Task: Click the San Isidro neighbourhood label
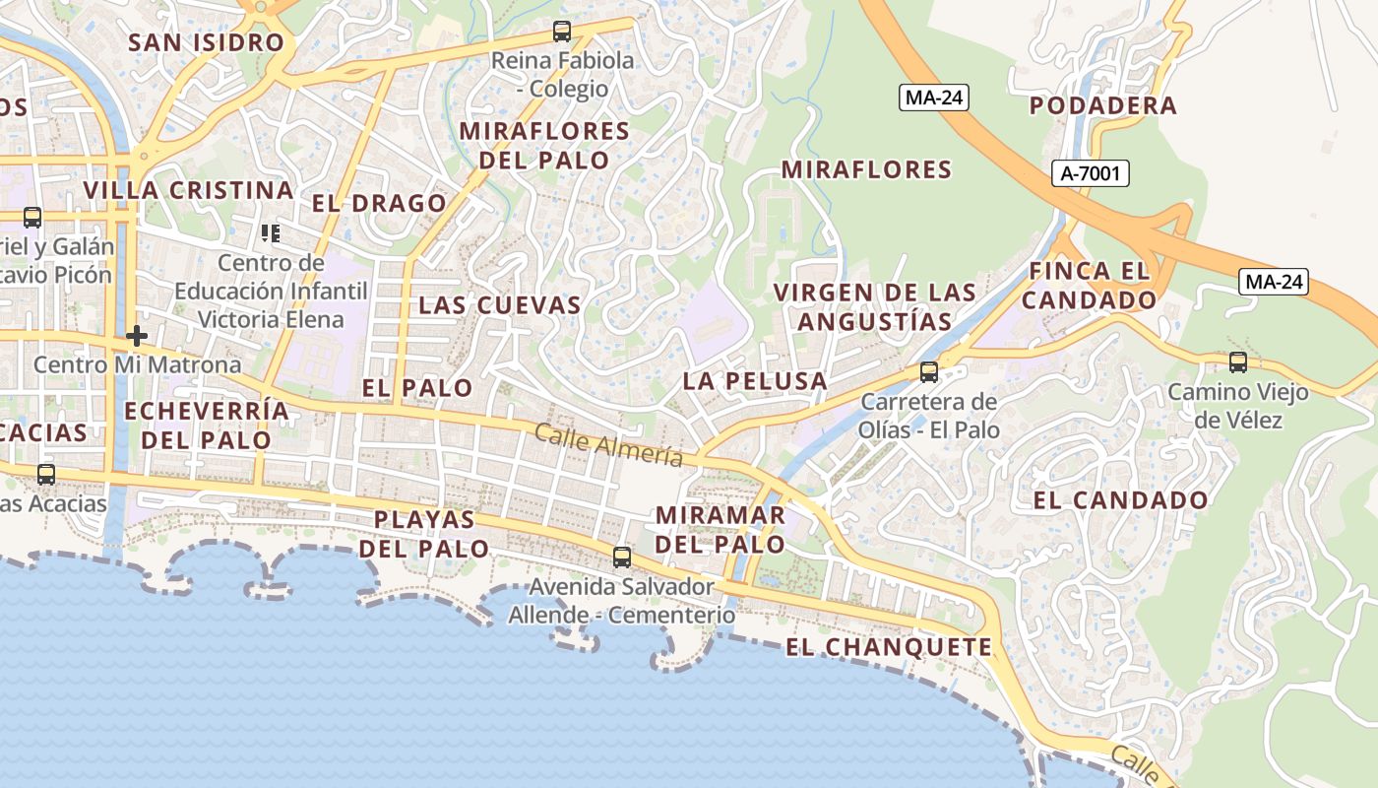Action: [207, 42]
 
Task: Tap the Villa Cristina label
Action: [189, 190]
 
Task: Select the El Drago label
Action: [380, 204]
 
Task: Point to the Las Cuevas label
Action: [500, 305]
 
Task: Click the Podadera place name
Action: [1103, 105]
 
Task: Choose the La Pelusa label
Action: [755, 381]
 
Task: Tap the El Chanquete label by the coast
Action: [889, 647]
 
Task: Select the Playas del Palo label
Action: [424, 534]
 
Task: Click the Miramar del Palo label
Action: [720, 529]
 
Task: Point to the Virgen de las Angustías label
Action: [875, 306]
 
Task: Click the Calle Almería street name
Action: [608, 444]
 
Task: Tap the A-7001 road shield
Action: [1090, 174]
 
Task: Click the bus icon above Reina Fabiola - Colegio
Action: [561, 32]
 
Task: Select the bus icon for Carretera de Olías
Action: [928, 372]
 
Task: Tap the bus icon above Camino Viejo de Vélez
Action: [1237, 362]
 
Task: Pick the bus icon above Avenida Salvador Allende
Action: [621, 558]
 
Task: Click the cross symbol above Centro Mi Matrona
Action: [137, 336]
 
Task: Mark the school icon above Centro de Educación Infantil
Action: [271, 233]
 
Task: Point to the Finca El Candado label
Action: [1090, 285]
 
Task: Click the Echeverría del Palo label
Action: [207, 425]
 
